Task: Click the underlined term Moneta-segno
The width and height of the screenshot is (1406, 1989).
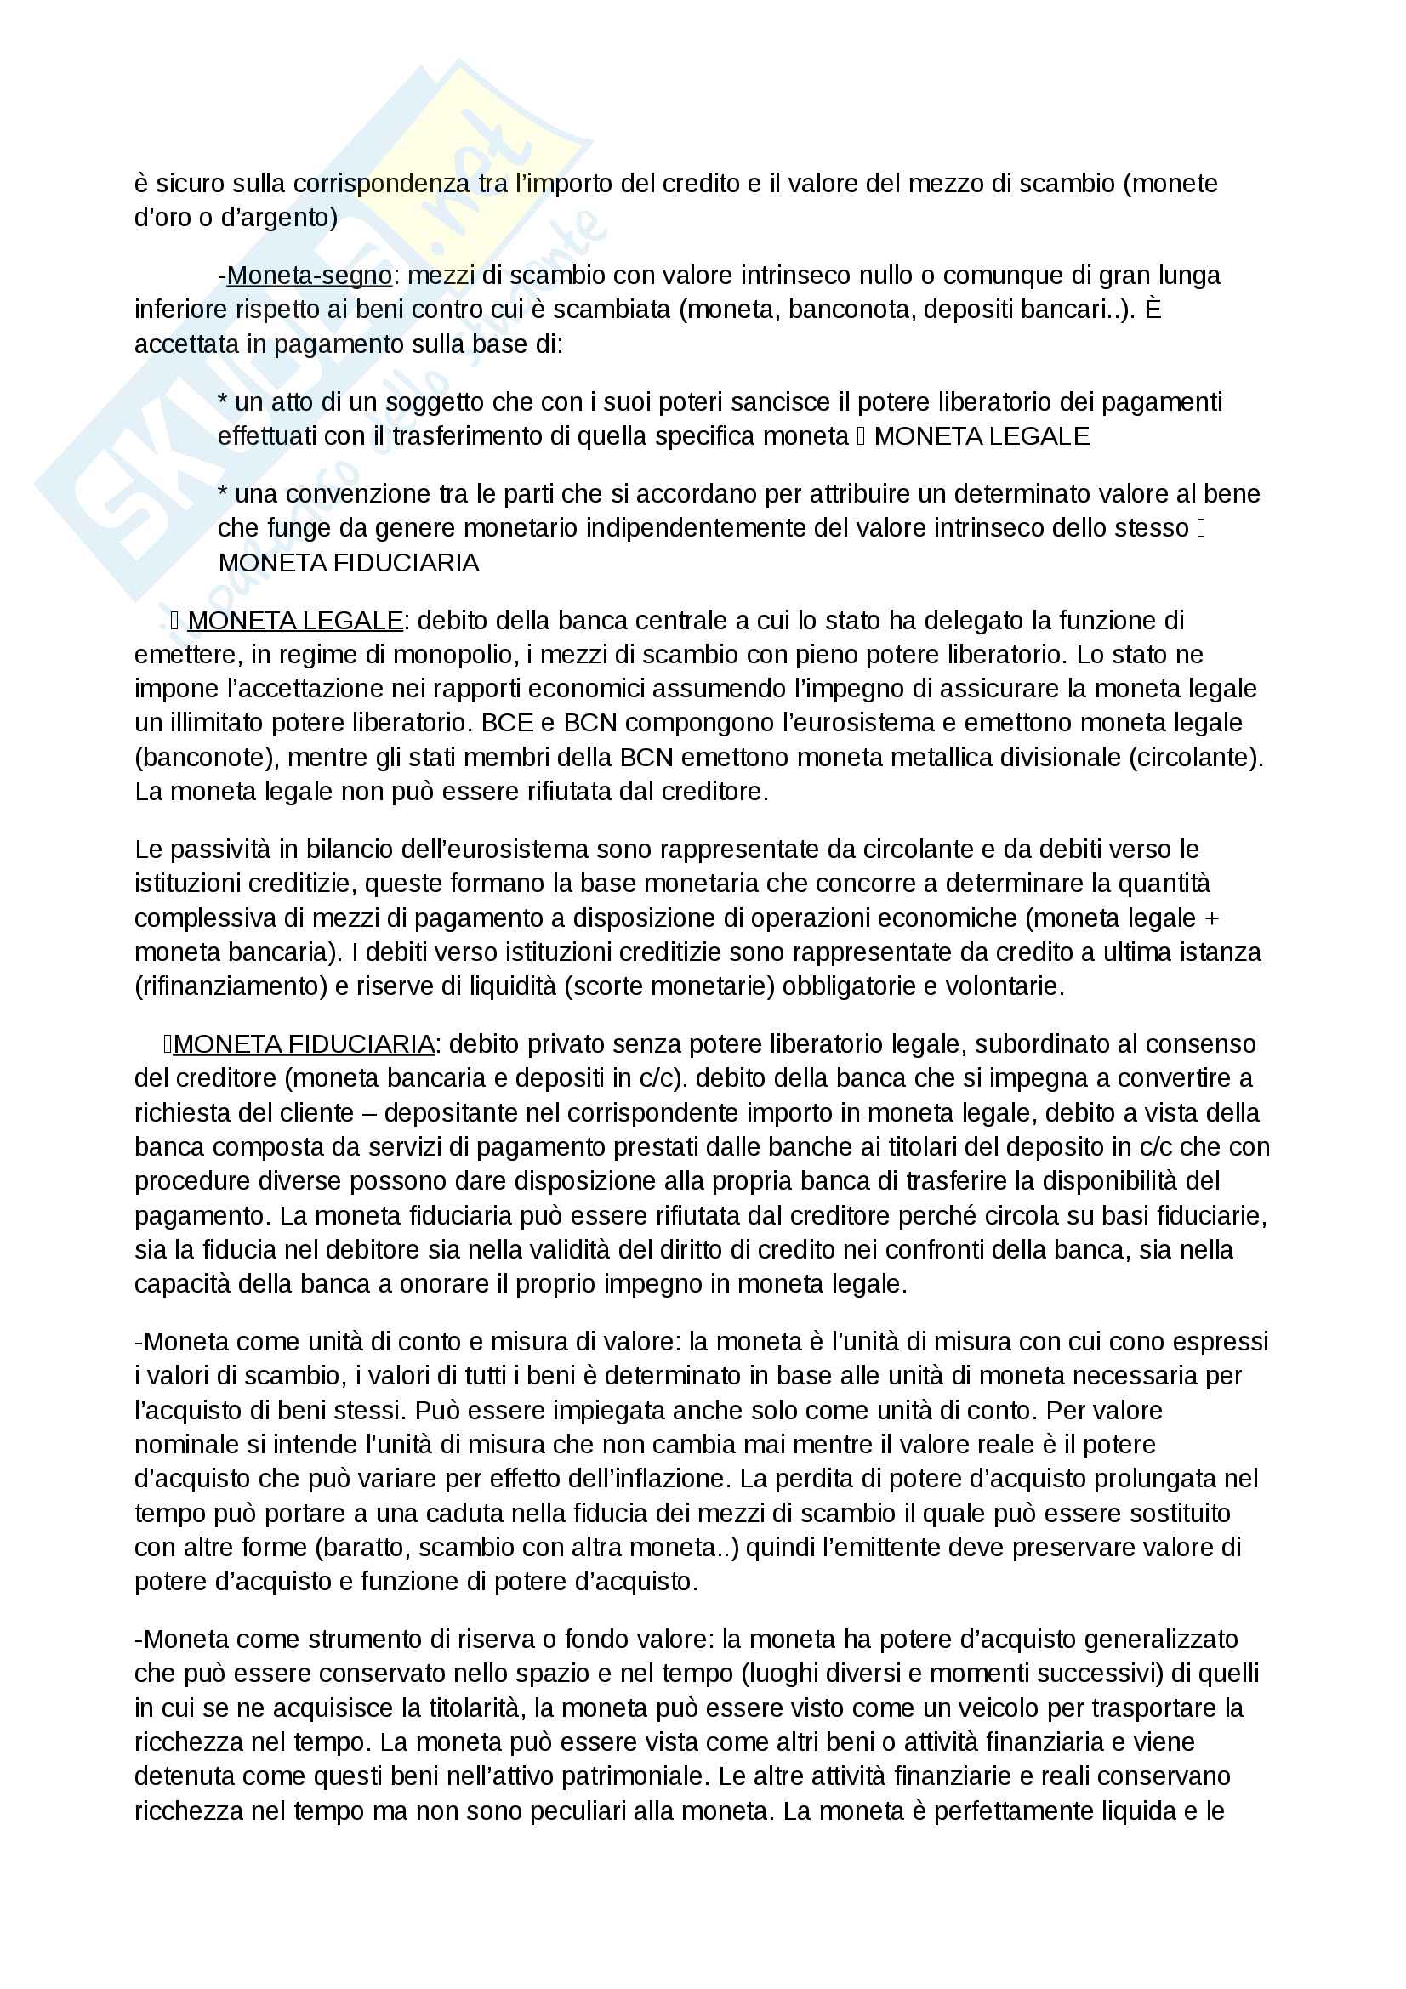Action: click(x=310, y=276)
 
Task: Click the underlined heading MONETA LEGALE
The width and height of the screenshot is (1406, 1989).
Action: click(x=295, y=620)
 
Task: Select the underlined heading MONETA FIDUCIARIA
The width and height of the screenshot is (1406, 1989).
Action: click(x=304, y=1044)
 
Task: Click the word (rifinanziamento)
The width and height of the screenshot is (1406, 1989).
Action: click(x=231, y=986)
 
